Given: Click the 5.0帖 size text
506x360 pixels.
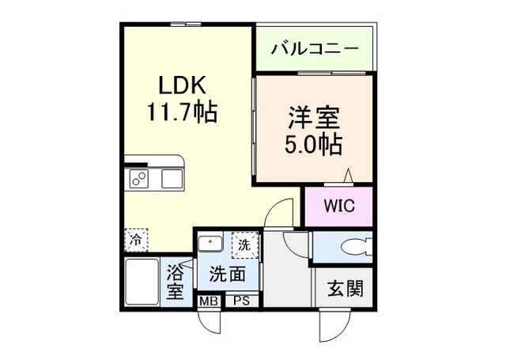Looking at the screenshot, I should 312,145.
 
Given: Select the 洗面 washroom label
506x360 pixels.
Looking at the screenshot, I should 227,275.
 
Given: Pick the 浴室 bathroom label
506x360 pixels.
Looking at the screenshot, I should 175,282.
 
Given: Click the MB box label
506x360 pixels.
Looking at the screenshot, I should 210,301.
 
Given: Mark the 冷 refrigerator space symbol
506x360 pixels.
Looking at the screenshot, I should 136,237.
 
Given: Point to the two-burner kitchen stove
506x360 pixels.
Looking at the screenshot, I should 139,180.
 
